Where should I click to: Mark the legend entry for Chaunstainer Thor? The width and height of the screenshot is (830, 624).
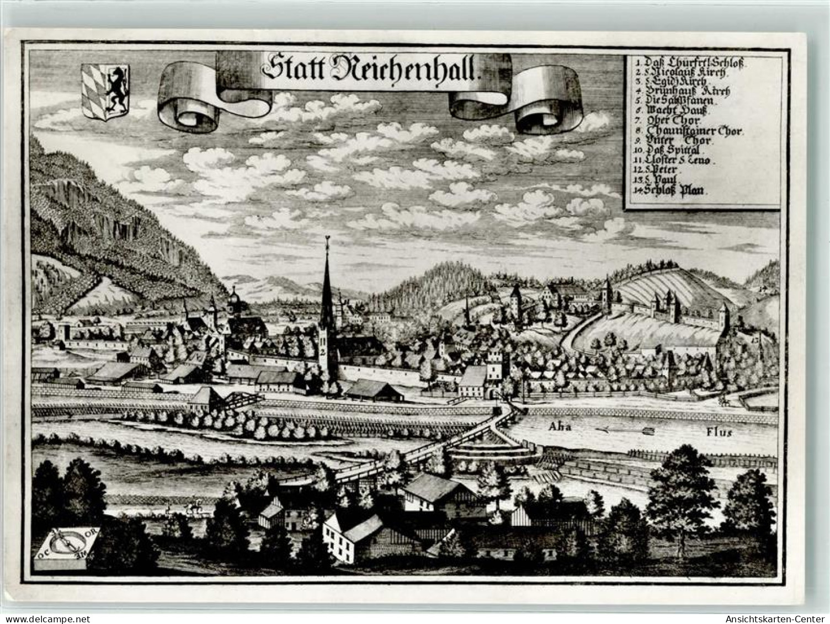[690, 131]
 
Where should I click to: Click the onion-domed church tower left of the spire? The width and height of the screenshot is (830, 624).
[233, 298]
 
